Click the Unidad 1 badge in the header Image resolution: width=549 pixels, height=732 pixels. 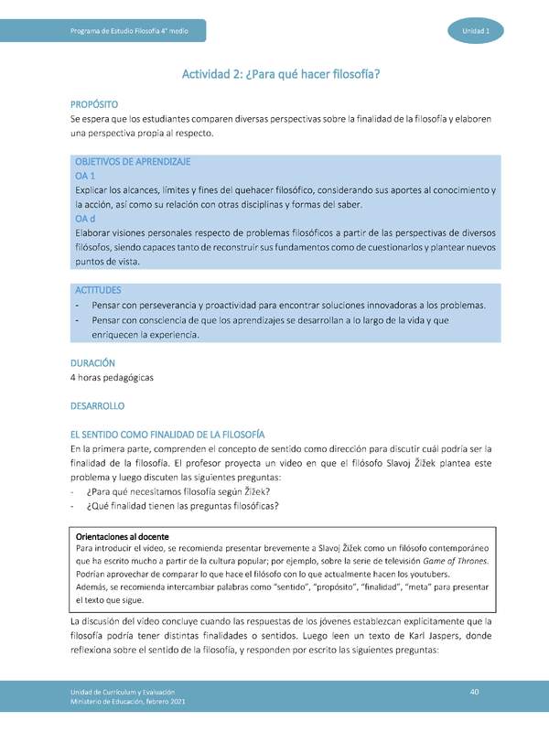[x=475, y=32]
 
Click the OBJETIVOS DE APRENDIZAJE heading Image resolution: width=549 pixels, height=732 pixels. [x=132, y=161]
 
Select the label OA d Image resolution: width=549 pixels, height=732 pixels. [x=85, y=219]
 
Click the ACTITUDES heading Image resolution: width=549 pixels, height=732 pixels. [x=97, y=290]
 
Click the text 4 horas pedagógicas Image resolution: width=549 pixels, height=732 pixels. [x=112, y=377]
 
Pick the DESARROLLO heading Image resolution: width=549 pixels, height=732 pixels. [x=97, y=404]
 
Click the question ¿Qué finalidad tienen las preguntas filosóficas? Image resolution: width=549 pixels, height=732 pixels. [x=182, y=506]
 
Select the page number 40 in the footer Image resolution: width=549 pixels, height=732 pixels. [x=475, y=690]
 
